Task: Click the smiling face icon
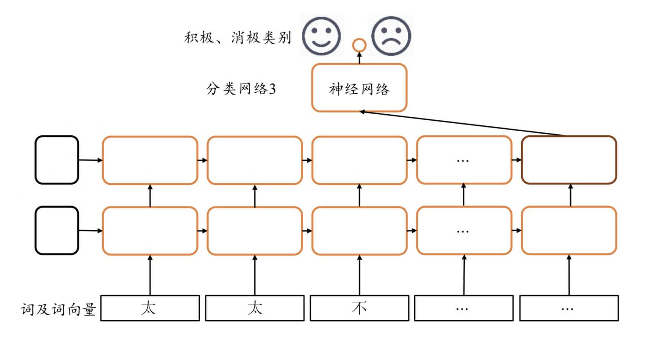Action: [x=322, y=36]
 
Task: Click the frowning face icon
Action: [x=391, y=36]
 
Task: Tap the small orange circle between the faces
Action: [x=359, y=45]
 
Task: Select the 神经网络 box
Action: [x=359, y=88]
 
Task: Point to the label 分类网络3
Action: [x=241, y=89]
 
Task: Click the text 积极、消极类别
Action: [x=237, y=38]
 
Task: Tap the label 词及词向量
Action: [x=58, y=310]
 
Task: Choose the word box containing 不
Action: [x=359, y=308]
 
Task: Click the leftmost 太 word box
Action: [x=150, y=308]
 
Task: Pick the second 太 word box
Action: [x=255, y=308]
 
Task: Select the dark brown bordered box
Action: [x=568, y=160]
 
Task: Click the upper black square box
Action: [x=57, y=160]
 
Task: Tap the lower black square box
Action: [x=57, y=230]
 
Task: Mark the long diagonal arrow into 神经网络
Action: [x=463, y=123]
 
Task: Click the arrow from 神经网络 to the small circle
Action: [x=359, y=58]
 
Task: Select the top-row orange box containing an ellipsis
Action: [x=464, y=160]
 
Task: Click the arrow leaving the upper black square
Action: [x=90, y=160]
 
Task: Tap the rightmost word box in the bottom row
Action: [x=568, y=308]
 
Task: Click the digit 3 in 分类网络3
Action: [x=272, y=89]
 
